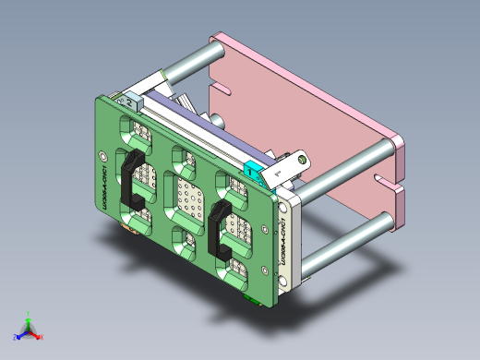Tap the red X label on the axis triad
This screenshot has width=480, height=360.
point(40,339)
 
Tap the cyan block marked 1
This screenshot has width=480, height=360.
point(252,170)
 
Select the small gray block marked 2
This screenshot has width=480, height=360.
point(127,98)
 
